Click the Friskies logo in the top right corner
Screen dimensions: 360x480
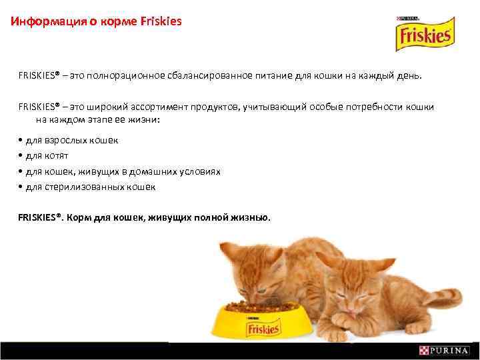pos(423,37)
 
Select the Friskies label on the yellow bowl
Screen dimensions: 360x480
pos(263,328)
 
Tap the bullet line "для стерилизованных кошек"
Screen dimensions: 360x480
pos(90,187)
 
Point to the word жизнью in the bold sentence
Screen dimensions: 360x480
pos(251,217)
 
